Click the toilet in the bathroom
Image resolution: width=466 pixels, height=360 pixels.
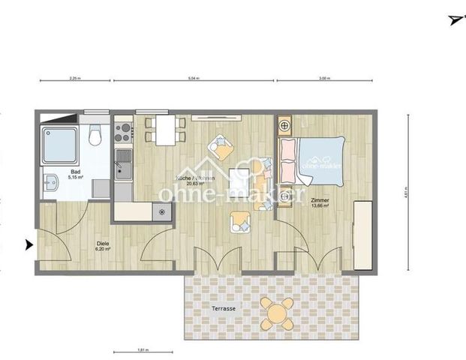tap(94, 137)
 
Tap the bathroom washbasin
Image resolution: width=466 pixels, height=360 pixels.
tap(50, 183)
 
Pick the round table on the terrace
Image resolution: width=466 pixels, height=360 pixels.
tap(277, 310)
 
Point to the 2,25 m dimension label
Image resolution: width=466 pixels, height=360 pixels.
tap(74, 77)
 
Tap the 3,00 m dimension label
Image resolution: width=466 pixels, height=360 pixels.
tap(323, 77)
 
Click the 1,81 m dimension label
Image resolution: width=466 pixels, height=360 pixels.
tap(143, 349)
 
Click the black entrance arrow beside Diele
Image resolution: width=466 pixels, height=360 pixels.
tap(29, 244)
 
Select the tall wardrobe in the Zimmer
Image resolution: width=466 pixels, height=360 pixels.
tap(362, 235)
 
